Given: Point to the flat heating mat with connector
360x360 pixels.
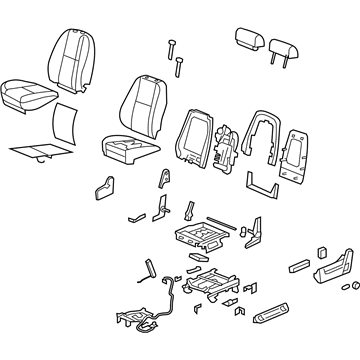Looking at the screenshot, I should (x=40, y=152).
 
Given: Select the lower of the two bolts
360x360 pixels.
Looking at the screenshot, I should (x=179, y=66).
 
